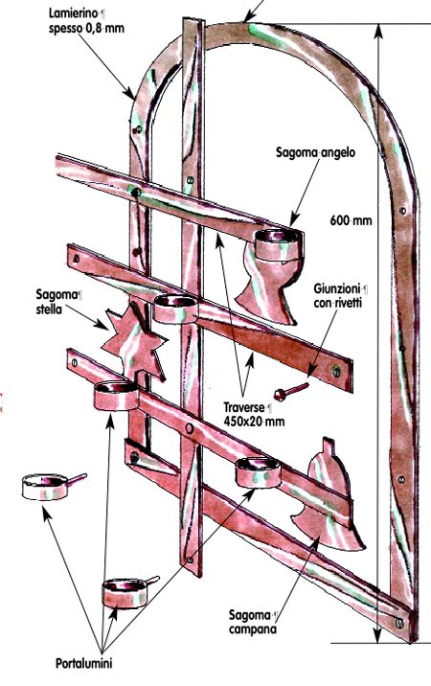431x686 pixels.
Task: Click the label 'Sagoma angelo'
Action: point(315,152)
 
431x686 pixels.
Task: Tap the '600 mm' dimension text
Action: point(351,220)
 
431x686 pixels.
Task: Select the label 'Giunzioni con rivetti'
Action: point(340,296)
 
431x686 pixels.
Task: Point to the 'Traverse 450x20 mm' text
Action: point(254,414)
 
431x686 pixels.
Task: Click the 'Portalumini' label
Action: point(84,663)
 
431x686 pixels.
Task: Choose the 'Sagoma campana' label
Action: point(254,622)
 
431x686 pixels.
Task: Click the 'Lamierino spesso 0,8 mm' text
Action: point(86,21)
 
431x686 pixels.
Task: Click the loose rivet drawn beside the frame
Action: point(290,391)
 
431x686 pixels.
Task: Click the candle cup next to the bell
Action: point(258,472)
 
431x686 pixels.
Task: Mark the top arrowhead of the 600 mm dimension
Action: point(379,31)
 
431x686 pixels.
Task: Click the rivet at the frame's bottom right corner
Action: point(399,622)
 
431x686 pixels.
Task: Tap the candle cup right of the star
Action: point(176,309)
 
